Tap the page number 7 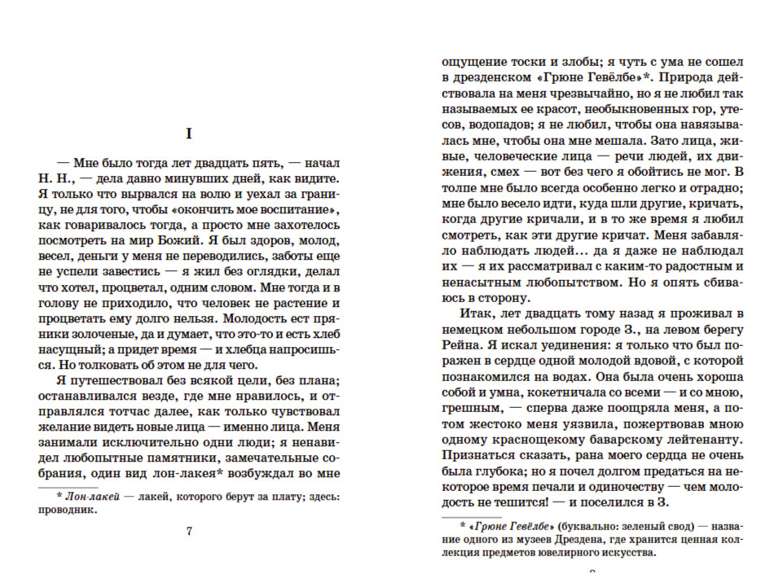(188, 532)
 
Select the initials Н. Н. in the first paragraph (55, 179)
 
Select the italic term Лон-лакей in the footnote (92, 496)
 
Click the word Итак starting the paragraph (478, 313)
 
